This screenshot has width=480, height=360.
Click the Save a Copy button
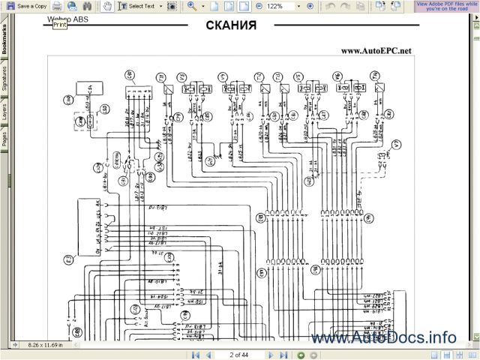pyautogui.click(x=27, y=6)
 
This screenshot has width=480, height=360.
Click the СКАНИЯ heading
pyautogui.click(x=230, y=26)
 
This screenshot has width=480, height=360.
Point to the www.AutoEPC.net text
pyautogui.click(x=376, y=51)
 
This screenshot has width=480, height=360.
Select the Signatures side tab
pyautogui.click(x=4, y=78)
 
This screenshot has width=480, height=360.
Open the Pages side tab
pyautogui.click(x=4, y=138)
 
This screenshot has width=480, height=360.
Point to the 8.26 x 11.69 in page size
pyautogui.click(x=45, y=346)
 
